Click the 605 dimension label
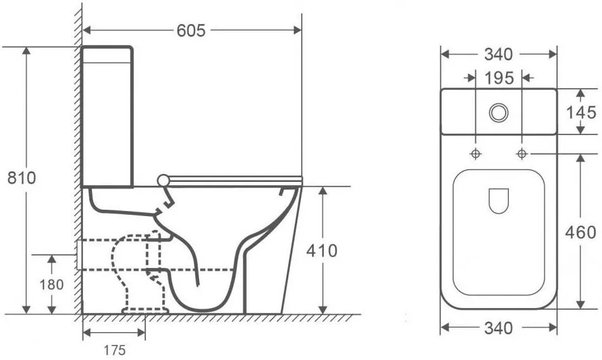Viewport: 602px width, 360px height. pyautogui.click(x=191, y=30)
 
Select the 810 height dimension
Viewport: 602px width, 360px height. pyautogui.click(x=22, y=178)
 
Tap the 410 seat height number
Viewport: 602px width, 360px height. pyautogui.click(x=322, y=250)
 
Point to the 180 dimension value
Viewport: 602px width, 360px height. pyautogui.click(x=51, y=285)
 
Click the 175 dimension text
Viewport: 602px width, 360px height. pyautogui.click(x=115, y=350)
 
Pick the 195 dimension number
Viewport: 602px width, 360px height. pyautogui.click(x=499, y=79)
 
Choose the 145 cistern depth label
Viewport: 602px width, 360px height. pyautogui.click(x=581, y=112)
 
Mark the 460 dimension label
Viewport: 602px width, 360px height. pyautogui.click(x=580, y=232)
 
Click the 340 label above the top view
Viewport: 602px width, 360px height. pyautogui.click(x=498, y=55)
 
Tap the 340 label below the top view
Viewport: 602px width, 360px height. pyautogui.click(x=498, y=328)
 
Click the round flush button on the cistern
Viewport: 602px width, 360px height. pyautogui.click(x=499, y=113)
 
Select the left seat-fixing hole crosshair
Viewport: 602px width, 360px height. pyautogui.click(x=476, y=154)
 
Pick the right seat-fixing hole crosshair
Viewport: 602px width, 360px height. pyautogui.click(x=522, y=154)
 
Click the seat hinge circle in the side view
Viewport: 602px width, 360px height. pyautogui.click(x=163, y=180)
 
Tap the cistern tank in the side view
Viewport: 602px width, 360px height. pyautogui.click(x=108, y=117)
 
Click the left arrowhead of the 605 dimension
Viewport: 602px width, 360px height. pyautogui.click(x=87, y=30)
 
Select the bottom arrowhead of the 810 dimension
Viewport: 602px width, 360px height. pyautogui.click(x=26, y=309)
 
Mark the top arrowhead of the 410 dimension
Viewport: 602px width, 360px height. pyautogui.click(x=323, y=191)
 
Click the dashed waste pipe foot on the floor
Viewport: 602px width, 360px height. pyautogui.click(x=146, y=311)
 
